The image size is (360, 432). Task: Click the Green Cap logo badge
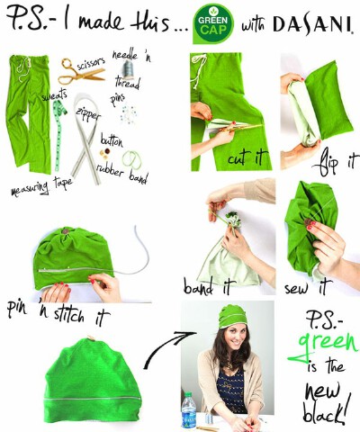tap(213, 23)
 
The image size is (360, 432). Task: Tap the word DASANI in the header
tap(312, 24)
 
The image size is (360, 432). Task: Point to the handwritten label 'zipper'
tap(88, 113)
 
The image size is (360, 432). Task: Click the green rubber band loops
tap(132, 159)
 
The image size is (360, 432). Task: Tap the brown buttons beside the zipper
tap(105, 153)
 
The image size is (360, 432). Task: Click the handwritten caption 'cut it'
tap(247, 157)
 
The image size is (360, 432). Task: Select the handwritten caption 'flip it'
tap(335, 163)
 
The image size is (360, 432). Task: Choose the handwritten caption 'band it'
tap(207, 286)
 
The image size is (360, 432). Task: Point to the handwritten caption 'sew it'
tap(308, 287)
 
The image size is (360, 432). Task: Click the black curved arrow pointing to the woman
tap(166, 348)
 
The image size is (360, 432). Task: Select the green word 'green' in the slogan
tap(324, 345)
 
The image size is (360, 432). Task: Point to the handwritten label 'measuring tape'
tap(41, 186)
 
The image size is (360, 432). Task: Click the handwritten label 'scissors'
tap(91, 64)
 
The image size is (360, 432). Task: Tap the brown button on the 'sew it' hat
tap(308, 222)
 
